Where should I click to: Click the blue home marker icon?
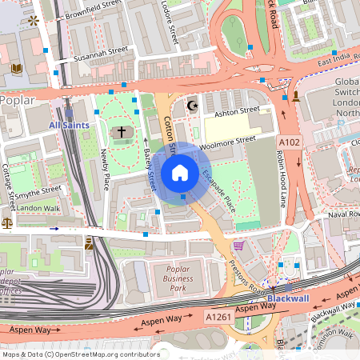[x=180, y=172]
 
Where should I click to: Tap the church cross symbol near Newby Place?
[x=122, y=131]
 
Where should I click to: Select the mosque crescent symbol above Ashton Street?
[x=190, y=105]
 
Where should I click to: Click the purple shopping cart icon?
[x=238, y=246]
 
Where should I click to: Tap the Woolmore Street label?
[x=226, y=143]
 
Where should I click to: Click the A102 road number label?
[x=290, y=142]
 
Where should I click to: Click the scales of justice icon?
[x=7, y=224]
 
